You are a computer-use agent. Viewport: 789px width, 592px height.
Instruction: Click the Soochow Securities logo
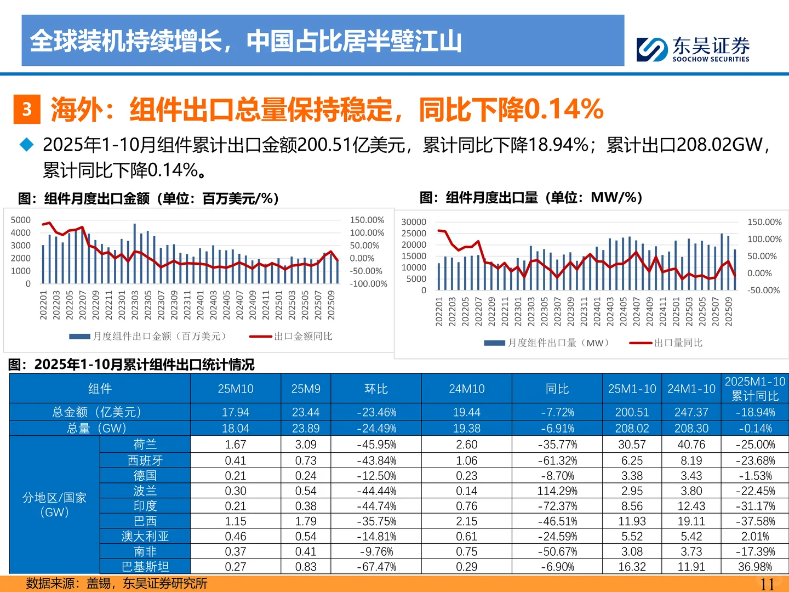coord(693,49)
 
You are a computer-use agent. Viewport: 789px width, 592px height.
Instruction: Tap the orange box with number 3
coord(27,109)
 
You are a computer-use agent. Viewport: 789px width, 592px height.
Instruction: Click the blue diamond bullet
coord(26,145)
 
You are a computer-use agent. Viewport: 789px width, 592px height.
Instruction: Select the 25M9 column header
coord(306,389)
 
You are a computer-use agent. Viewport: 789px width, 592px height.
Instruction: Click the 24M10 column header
coord(466,389)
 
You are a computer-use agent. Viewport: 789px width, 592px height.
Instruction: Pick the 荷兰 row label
coord(145,445)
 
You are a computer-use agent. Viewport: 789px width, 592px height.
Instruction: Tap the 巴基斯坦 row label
coord(145,567)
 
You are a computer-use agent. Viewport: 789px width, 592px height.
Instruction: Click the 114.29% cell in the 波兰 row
coord(557,491)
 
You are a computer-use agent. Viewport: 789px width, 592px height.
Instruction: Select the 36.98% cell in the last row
coord(754,567)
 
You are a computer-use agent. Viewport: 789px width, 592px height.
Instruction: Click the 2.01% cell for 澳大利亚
coord(754,537)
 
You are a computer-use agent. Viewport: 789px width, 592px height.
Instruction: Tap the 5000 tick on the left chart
coord(21,220)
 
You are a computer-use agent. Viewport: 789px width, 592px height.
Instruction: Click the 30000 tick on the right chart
coord(414,222)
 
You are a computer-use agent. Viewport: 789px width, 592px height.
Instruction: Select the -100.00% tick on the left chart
coord(368,284)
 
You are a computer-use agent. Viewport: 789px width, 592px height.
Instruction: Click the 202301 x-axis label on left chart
coord(122,305)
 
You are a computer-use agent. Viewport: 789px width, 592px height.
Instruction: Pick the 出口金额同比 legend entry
coord(302,336)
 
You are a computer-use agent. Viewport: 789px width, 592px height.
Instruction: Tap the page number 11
coord(767,584)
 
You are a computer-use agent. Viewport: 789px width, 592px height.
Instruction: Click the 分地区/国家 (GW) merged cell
coord(54,505)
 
